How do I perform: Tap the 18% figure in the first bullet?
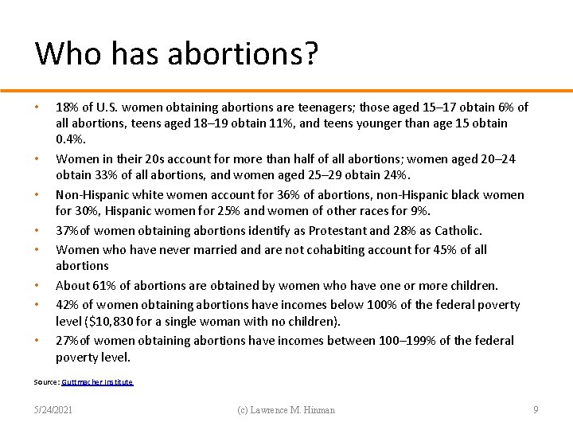(67, 107)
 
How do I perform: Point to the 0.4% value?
(69, 139)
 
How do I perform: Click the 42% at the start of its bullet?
(67, 304)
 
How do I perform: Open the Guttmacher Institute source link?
(97, 382)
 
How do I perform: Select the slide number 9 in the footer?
(536, 410)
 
